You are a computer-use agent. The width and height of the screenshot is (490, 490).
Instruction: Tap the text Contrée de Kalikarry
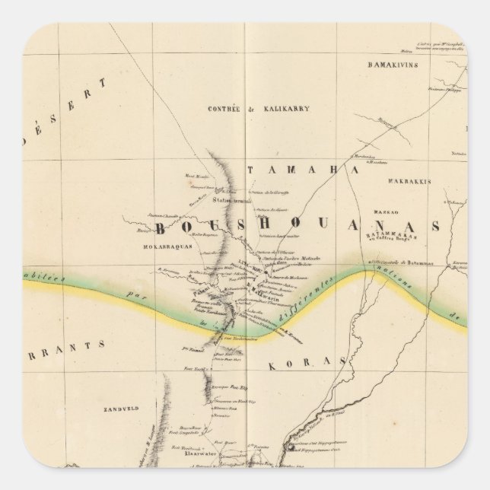[279, 109]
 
